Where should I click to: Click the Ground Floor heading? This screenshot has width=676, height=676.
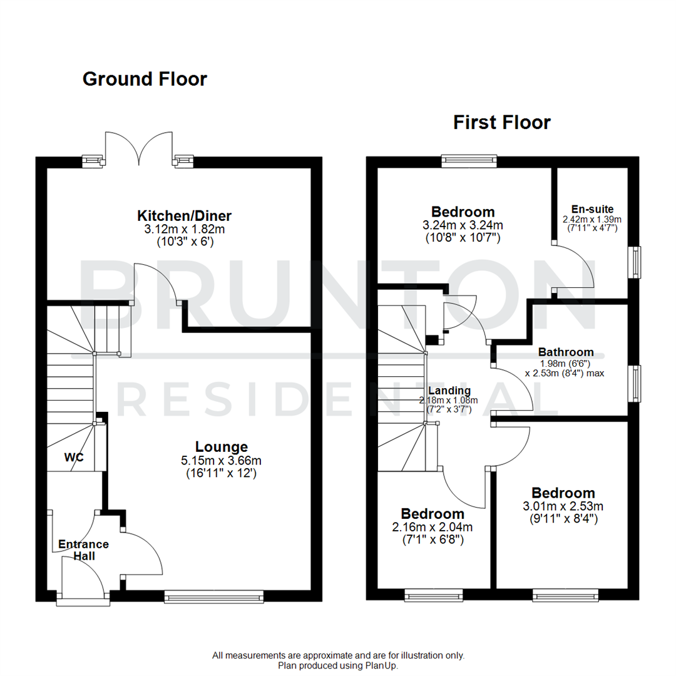[x=145, y=79]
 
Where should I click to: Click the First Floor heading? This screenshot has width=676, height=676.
[x=502, y=123]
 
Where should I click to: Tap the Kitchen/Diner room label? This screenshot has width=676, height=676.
[x=185, y=216]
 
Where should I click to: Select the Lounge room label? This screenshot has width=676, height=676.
[x=222, y=447]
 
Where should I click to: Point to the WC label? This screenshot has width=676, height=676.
[x=73, y=458]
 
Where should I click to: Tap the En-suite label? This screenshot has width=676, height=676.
[x=592, y=209]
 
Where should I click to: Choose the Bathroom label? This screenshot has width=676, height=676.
[x=565, y=352]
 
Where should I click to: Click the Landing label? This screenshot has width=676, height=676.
[x=449, y=391]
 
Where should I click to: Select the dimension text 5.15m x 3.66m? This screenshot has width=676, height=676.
[x=222, y=460]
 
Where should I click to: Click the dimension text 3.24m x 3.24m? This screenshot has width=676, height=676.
[x=463, y=225]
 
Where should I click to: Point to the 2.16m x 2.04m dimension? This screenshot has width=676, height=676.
[x=433, y=526]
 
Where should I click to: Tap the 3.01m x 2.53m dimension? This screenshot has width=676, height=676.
[x=563, y=506]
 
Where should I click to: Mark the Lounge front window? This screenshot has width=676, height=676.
[x=214, y=598]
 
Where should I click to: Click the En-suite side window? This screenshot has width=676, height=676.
[x=636, y=262]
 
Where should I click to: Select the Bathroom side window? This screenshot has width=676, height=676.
[x=636, y=383]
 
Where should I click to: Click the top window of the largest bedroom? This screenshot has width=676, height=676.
[x=469, y=161]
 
